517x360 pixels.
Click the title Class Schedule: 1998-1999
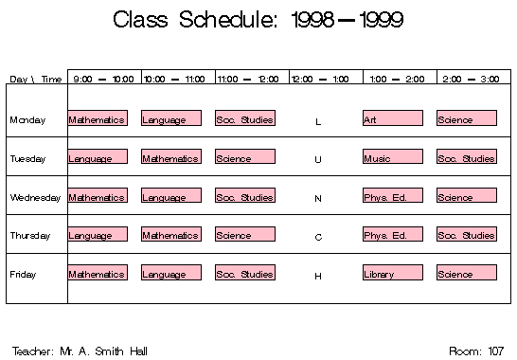pyautogui.click(x=257, y=20)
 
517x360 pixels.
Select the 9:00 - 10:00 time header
pyautogui.click(x=103, y=79)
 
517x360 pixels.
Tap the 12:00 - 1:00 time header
pyautogui.click(x=325, y=79)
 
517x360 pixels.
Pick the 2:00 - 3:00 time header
pyautogui.click(x=471, y=79)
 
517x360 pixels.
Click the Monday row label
pyautogui.click(x=27, y=120)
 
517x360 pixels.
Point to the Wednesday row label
pyautogui.click(x=35, y=198)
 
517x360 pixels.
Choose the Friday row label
pyautogui.click(x=23, y=275)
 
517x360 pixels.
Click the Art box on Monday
pyautogui.click(x=392, y=118)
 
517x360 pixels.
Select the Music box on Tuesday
pyautogui.click(x=392, y=157)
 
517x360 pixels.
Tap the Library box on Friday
pyautogui.click(x=392, y=273)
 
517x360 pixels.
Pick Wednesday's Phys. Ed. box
pyautogui.click(x=392, y=196)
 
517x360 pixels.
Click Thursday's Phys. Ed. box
pyautogui.click(x=392, y=234)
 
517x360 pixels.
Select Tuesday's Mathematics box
pyautogui.click(x=171, y=157)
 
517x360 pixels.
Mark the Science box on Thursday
pyautogui.click(x=244, y=234)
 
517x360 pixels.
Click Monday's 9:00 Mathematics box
pyautogui.click(x=98, y=118)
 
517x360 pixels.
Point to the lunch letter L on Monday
pyautogui.click(x=318, y=121)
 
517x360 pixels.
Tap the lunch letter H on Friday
pyautogui.click(x=318, y=276)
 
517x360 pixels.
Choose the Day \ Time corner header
pyautogui.click(x=36, y=79)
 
